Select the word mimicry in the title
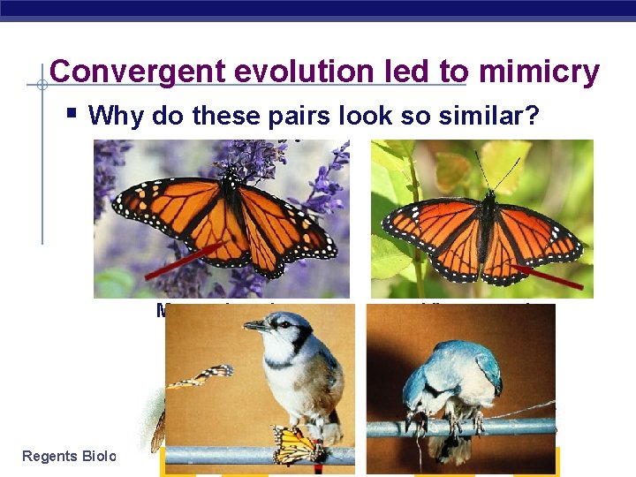click(539, 72)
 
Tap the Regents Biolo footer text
click(70, 456)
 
